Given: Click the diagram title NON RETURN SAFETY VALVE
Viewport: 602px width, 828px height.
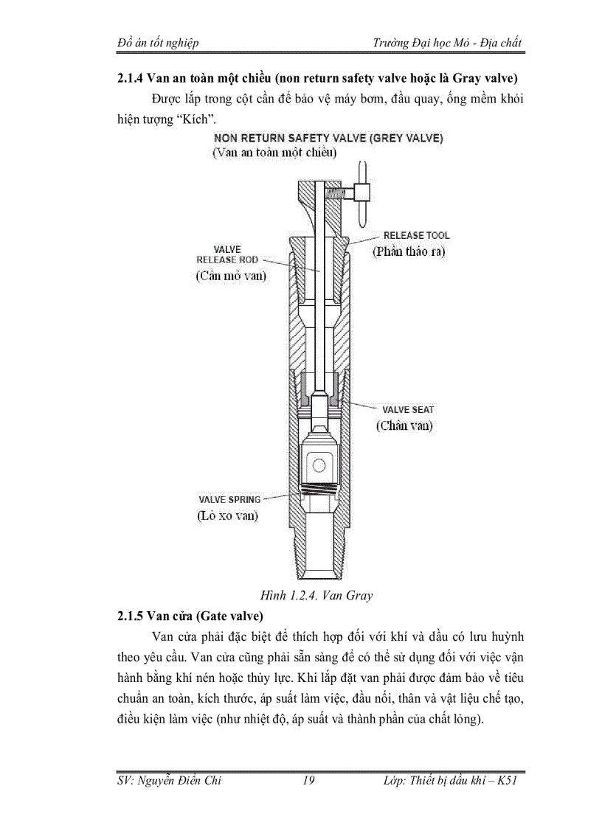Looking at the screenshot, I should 328,138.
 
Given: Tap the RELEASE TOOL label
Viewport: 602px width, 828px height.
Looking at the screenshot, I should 416,235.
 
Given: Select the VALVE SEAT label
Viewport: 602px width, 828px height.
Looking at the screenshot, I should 407,409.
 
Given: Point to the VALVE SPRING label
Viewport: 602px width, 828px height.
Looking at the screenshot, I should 229,499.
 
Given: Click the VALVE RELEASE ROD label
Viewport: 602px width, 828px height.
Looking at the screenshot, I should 227,254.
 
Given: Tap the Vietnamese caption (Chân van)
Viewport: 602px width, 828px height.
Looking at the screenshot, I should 404,425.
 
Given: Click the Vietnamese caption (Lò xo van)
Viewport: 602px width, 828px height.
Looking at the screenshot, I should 227,515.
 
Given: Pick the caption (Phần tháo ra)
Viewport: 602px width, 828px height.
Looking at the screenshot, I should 409,251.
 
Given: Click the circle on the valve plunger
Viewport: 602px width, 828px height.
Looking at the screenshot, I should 319,465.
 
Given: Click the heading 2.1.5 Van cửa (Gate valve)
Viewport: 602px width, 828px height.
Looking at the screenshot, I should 190,615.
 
